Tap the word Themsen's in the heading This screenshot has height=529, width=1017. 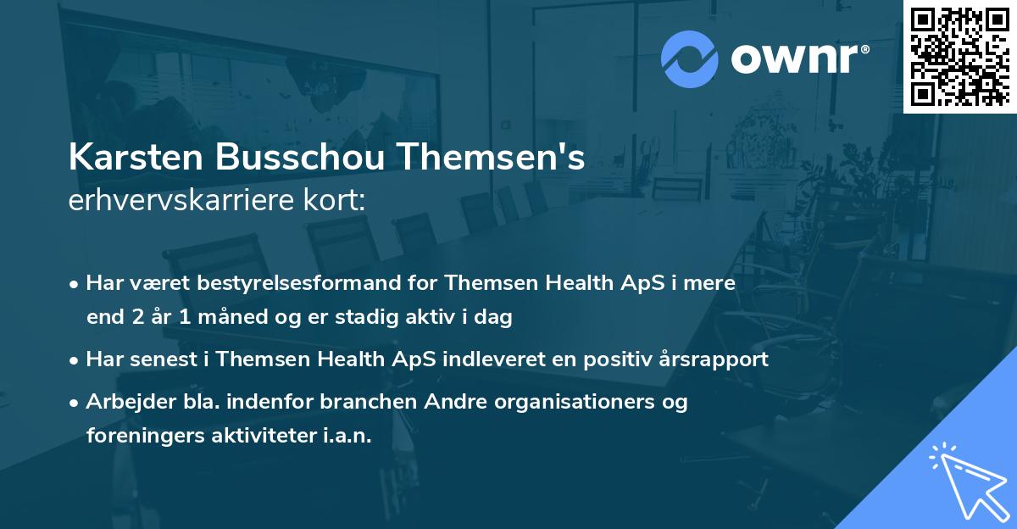[x=491, y=159]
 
